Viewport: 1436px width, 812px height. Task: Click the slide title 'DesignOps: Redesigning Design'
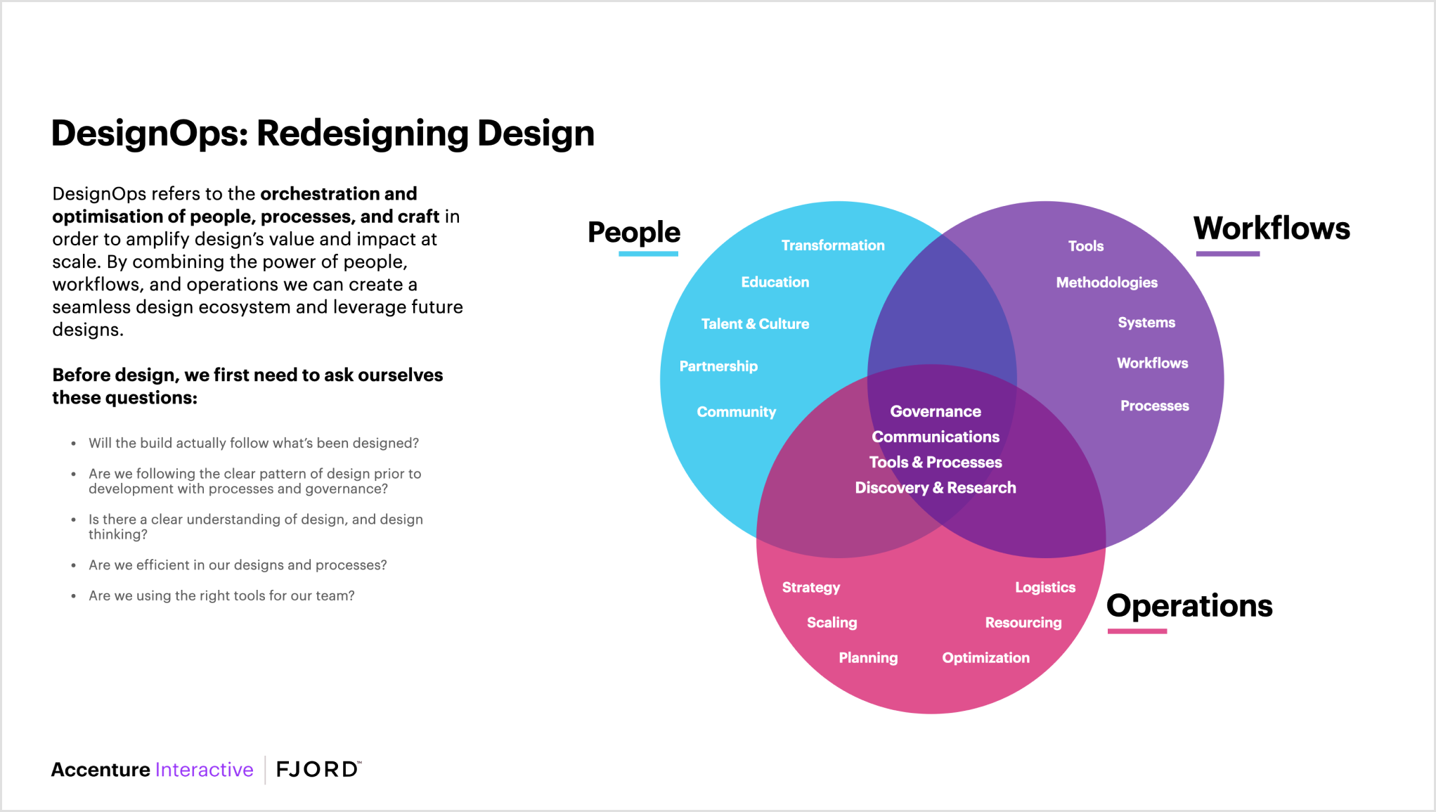point(323,134)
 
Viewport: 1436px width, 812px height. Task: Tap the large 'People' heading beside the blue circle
point(633,232)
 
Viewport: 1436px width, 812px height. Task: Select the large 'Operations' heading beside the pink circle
point(1189,605)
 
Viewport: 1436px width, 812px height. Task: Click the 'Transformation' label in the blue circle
point(833,245)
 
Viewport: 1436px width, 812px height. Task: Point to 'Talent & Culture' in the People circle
point(755,324)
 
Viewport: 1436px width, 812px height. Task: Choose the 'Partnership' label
point(718,366)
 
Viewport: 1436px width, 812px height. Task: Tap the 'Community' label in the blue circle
point(736,412)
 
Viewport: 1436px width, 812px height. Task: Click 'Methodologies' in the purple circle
point(1106,283)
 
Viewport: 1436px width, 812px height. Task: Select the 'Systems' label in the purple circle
point(1146,323)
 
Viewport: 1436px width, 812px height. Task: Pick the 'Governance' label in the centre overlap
point(936,411)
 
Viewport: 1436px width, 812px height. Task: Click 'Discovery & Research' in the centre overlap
point(935,488)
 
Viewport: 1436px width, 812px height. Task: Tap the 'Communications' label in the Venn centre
point(936,437)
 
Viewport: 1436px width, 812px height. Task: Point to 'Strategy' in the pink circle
point(811,588)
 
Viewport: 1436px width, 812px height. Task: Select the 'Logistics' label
point(1045,588)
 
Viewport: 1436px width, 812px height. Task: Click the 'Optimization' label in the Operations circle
point(985,658)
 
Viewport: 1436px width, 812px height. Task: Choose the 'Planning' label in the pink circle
point(868,658)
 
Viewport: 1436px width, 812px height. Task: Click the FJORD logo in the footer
point(318,769)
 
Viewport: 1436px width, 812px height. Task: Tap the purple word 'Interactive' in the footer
point(204,770)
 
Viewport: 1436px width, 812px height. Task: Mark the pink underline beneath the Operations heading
point(1137,631)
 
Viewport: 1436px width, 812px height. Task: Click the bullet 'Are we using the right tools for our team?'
point(221,595)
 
